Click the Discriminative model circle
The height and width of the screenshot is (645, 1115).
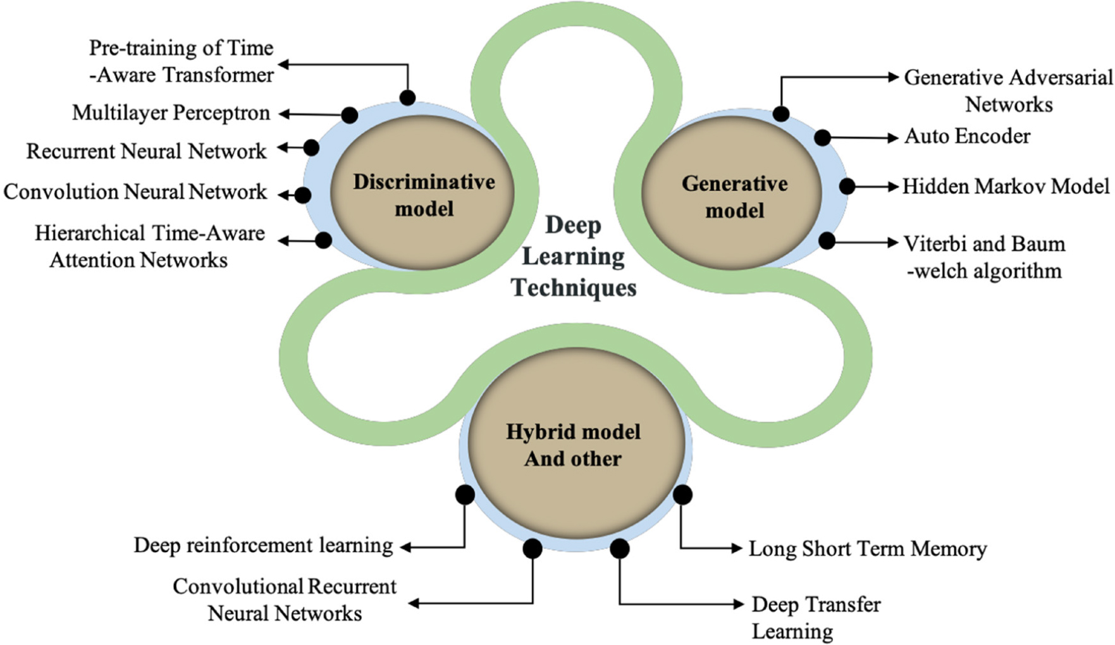pyautogui.click(x=422, y=194)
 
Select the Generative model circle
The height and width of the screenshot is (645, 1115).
pyautogui.click(x=734, y=196)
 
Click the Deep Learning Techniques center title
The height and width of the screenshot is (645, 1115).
pyautogui.click(x=573, y=256)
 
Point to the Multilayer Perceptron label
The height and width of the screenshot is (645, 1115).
pyautogui.click(x=171, y=113)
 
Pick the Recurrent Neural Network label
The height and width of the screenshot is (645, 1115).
pyautogui.click(x=146, y=151)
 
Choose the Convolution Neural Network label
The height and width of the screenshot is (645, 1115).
pyautogui.click(x=135, y=192)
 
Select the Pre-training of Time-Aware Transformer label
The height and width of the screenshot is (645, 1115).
pyautogui.click(x=182, y=61)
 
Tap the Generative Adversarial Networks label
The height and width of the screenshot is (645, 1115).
pyautogui.click(x=1008, y=90)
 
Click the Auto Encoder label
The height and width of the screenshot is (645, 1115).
pyautogui.click(x=967, y=136)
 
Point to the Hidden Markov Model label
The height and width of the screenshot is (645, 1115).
pyautogui.click(x=1006, y=187)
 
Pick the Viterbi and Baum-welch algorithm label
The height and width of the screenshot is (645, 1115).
pyautogui.click(x=984, y=257)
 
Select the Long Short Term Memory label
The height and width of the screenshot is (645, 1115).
pyautogui.click(x=868, y=549)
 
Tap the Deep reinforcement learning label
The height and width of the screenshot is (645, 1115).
pyautogui.click(x=263, y=545)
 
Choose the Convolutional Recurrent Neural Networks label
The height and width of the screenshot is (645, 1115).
pyautogui.click(x=285, y=599)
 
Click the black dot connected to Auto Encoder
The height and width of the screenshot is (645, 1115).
pyautogui.click(x=822, y=137)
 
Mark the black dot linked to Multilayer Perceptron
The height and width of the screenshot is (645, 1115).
pyautogui.click(x=350, y=115)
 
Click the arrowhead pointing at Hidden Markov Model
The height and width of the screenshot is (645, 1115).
pyautogui.click(x=894, y=187)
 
